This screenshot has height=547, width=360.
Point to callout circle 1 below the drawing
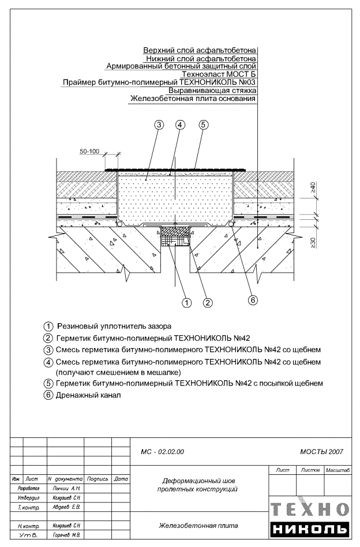(x=186, y=301)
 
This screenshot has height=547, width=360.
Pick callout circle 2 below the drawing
(x=208, y=301)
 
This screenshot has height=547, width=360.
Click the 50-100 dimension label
(x=90, y=152)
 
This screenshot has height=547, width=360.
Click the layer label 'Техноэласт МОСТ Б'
(x=219, y=74)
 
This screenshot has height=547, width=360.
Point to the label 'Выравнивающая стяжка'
(x=212, y=91)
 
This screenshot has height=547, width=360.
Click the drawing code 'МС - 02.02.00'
(x=162, y=451)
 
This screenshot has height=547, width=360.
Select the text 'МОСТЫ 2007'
(x=321, y=451)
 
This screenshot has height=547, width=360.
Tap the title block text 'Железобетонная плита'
(x=197, y=526)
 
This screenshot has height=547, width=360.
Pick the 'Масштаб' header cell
(x=337, y=471)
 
